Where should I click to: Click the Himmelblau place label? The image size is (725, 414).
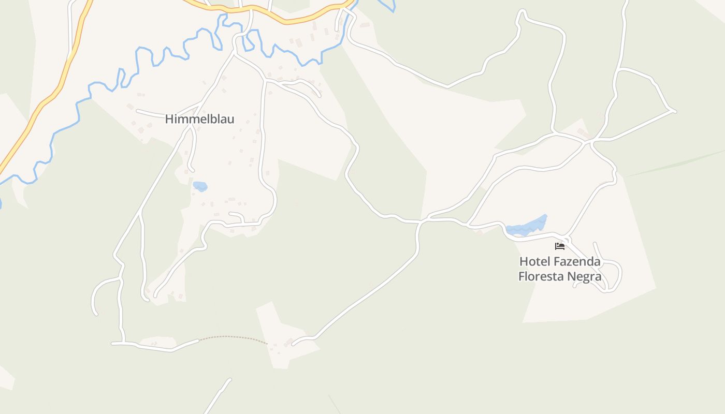click(x=199, y=119)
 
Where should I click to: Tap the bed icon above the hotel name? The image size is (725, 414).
click(x=559, y=246)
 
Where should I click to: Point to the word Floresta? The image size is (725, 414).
click(x=541, y=276)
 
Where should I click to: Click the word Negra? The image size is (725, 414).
click(x=585, y=276)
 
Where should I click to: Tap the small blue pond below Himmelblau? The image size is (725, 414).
click(x=200, y=186)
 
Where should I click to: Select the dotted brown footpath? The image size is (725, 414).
click(x=233, y=337)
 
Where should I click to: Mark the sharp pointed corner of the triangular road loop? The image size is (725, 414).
click(x=674, y=111)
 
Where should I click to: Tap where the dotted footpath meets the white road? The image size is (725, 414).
click(x=199, y=340)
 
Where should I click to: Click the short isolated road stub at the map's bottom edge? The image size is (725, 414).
click(x=218, y=396)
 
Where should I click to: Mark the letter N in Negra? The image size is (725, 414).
click(x=572, y=276)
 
